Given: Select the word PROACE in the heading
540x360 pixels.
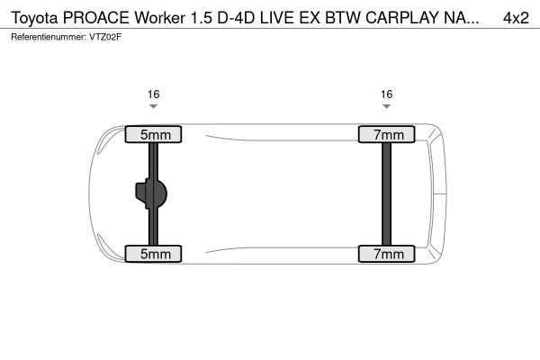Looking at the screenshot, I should point(102,19).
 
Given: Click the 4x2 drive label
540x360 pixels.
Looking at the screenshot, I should point(516,19).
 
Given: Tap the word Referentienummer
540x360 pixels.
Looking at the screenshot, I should point(48,37).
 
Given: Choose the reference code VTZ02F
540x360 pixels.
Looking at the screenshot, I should point(106,37).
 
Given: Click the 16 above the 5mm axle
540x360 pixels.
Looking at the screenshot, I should point(153,94).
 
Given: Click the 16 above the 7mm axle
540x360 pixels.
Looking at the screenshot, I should point(387,94).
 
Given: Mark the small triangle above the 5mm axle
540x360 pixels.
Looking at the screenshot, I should point(153,107).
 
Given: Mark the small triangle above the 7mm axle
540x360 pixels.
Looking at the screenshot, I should point(387,107).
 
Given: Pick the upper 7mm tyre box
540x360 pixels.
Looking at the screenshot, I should point(387,135).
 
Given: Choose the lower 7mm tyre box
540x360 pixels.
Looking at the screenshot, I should point(387,254).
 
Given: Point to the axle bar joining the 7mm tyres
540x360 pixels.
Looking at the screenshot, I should point(387,193).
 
